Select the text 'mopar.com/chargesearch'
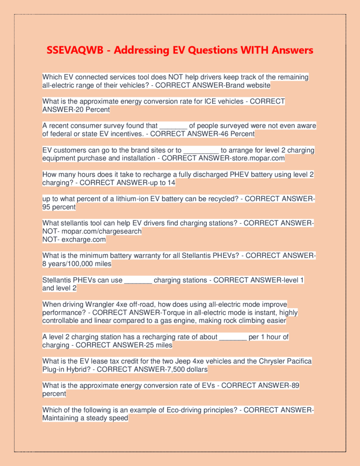click(x=101, y=231)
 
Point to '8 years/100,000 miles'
click(x=76, y=263)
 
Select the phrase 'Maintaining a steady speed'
click(x=85, y=418)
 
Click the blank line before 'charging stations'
click(x=138, y=280)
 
